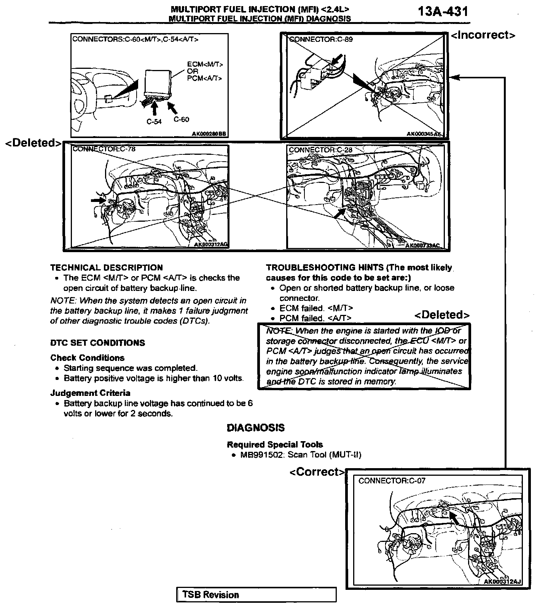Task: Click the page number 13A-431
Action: coord(443,11)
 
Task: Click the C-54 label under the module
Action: coord(154,122)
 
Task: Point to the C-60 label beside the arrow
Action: coord(181,119)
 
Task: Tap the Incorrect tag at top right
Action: coord(483,35)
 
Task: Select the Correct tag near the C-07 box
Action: coord(317,472)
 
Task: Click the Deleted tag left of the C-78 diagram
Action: coord(33,143)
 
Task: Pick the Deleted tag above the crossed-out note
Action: coord(442,315)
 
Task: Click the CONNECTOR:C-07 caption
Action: coord(392,481)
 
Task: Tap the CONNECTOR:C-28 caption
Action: coord(320,150)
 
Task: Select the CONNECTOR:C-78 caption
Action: coord(104,149)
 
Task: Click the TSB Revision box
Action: coord(256,595)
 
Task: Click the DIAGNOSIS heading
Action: coord(255,428)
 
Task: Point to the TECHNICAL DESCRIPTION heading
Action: coord(107,268)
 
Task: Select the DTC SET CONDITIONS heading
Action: coord(97,343)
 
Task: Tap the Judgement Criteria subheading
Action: coord(90,393)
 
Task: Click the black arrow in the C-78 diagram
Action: coord(98,200)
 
